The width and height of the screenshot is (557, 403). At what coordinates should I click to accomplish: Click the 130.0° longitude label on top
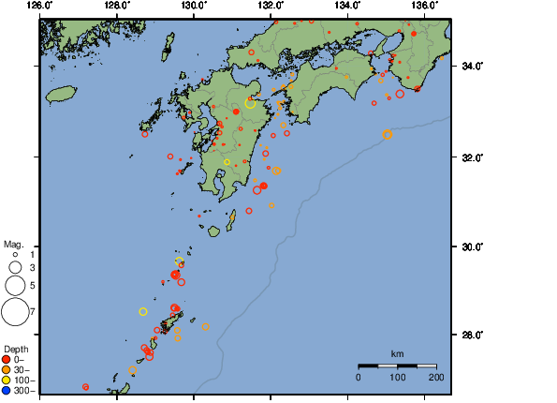194,7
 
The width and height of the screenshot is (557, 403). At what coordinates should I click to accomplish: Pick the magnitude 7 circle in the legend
15,310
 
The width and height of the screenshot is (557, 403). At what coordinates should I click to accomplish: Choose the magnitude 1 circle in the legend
15,254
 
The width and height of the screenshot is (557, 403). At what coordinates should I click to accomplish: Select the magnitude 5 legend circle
15,285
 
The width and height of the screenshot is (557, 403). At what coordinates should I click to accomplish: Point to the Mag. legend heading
13,244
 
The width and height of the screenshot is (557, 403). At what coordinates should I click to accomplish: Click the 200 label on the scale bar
435,377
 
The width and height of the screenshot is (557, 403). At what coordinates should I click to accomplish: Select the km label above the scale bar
397,354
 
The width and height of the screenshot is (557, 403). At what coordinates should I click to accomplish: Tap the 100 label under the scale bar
397,377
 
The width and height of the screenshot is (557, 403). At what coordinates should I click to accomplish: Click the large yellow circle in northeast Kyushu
251,103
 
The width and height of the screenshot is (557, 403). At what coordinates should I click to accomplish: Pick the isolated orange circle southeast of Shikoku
388,135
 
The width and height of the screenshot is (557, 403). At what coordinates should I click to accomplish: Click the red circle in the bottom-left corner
85,386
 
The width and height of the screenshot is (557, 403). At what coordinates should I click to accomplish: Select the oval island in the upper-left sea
61,94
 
